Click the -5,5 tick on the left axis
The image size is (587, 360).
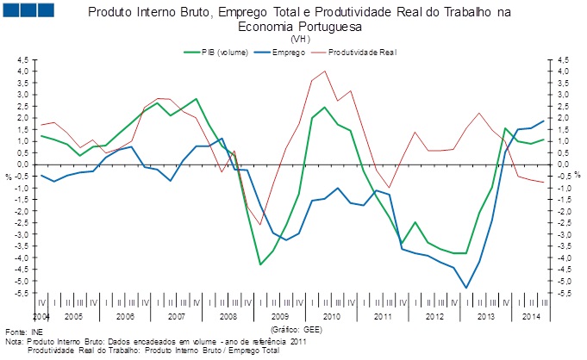click(x=21, y=293)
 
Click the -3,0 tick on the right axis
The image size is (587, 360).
click(x=565, y=234)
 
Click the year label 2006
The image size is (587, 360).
click(x=126, y=317)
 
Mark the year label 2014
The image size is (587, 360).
click(x=533, y=317)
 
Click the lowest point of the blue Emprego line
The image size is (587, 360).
click(x=466, y=288)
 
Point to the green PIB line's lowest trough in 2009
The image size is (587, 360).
click(x=260, y=264)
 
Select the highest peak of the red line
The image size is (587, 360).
click(x=324, y=71)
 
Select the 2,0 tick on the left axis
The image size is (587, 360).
click(x=22, y=118)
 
